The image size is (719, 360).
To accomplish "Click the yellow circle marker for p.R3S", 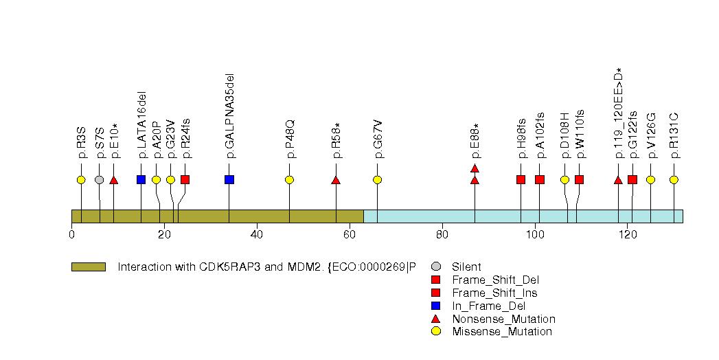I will (81, 180).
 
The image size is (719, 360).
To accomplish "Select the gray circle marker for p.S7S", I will (99, 180).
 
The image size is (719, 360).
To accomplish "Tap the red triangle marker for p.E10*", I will (114, 180).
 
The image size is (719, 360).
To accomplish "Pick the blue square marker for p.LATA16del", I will (141, 180).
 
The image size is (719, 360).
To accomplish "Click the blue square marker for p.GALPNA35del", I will (229, 180).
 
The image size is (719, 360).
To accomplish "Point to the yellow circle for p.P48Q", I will (289, 180).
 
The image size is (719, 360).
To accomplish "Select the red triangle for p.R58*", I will (336, 180).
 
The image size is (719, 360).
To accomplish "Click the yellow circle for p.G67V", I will (377, 180).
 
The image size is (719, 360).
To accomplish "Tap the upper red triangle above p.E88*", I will (475, 168).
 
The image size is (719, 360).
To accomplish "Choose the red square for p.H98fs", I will (521, 180).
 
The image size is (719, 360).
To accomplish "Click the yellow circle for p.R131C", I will (674, 180).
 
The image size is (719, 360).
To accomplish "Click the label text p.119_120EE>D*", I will (619, 113).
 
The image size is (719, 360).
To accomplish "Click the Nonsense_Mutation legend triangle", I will (435, 319).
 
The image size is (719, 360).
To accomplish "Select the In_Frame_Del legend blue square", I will (435, 306).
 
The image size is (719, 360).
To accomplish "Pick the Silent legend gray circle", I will (435, 267).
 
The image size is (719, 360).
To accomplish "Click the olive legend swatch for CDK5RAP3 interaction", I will (88, 267).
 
